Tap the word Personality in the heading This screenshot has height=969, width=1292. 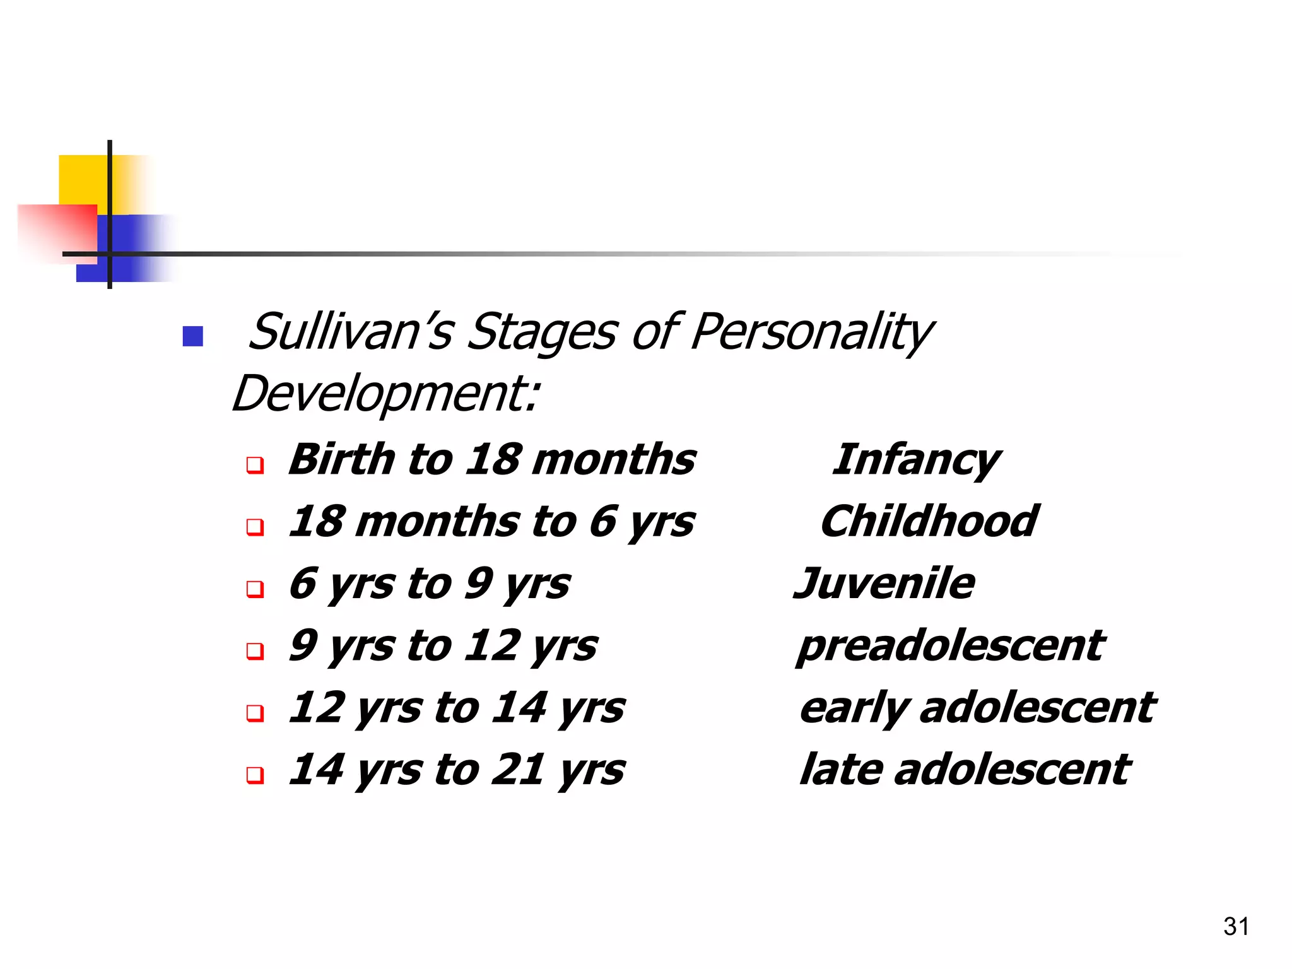click(x=811, y=332)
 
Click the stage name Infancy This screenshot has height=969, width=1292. click(x=916, y=461)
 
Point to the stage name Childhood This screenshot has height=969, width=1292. click(x=929, y=522)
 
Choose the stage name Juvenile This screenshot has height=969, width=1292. click(x=884, y=584)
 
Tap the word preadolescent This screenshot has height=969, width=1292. click(x=950, y=646)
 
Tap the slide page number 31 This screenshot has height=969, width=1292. click(x=1236, y=927)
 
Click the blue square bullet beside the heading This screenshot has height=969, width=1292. click(x=193, y=336)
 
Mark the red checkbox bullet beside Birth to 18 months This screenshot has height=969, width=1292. click(x=255, y=466)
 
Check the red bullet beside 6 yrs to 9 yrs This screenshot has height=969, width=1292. click(x=255, y=589)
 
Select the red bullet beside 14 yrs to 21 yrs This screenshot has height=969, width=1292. click(x=255, y=775)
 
